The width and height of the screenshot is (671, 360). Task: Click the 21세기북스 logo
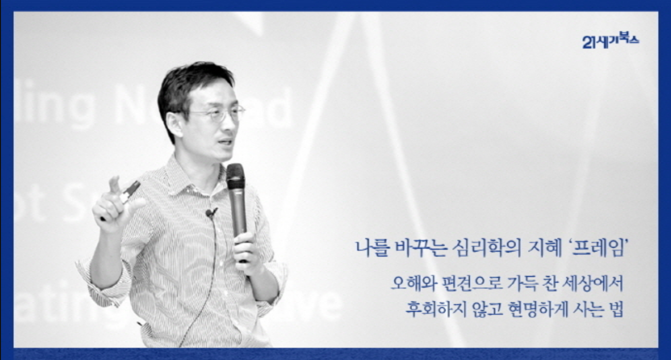pos(610,40)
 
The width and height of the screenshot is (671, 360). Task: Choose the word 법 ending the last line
pos(617,309)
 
